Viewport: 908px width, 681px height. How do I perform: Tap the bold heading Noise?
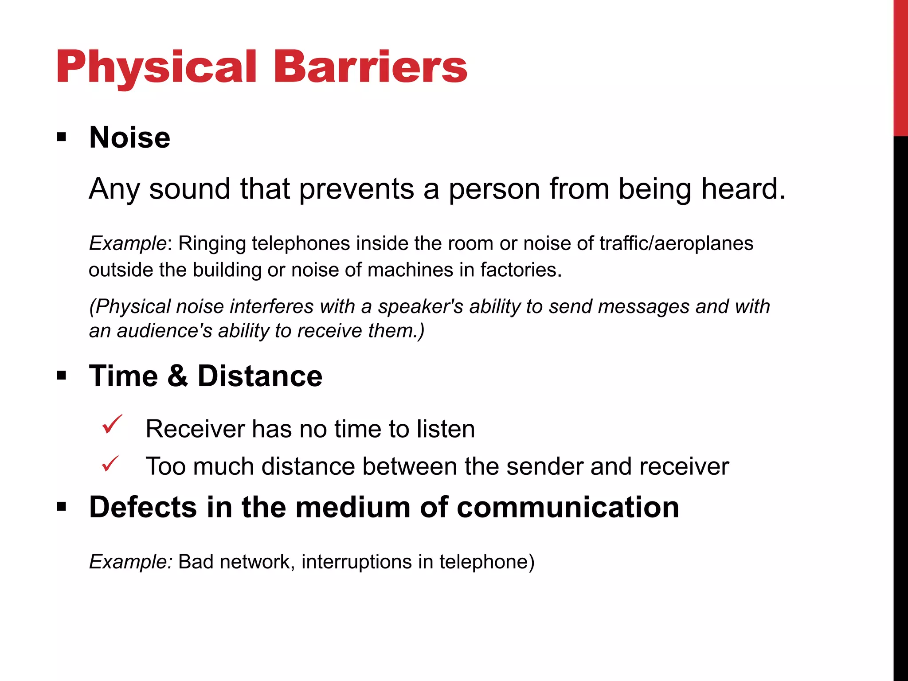pos(129,137)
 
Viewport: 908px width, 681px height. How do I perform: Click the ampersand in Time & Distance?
pos(178,376)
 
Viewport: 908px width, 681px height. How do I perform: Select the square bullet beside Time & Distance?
pos(62,376)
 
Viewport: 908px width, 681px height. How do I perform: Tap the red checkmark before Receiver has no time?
pos(111,424)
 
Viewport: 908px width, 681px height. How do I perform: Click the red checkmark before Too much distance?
pos(110,464)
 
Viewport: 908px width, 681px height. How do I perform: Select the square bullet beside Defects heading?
pos(62,507)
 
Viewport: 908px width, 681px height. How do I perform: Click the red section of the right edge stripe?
pos(900,67)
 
